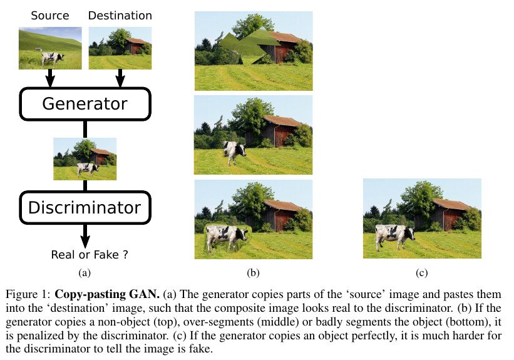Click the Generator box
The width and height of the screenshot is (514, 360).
[x=85, y=103]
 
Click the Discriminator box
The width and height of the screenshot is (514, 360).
[x=85, y=207]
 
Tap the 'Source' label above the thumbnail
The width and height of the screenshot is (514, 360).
[x=49, y=15]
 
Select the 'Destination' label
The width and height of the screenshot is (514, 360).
[x=120, y=15]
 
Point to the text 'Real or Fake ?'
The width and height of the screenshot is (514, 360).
[x=89, y=254]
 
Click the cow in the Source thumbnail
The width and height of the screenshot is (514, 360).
[x=53, y=58]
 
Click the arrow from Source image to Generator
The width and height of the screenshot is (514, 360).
[x=51, y=78]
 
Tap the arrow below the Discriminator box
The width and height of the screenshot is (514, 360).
[x=85, y=235]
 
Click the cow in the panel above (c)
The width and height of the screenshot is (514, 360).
[x=394, y=235]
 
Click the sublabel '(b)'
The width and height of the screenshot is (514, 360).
[x=253, y=273]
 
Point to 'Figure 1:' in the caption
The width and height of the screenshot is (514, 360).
[x=28, y=294]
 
